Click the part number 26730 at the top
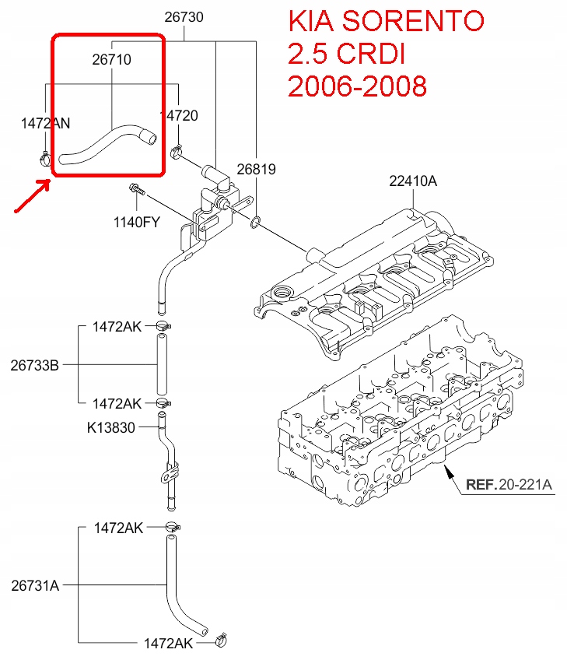pos(184,16)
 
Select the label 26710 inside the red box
pos(111,59)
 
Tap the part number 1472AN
pos(45,122)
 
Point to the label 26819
pos(257,169)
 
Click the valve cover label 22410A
pos(413,181)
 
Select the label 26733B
pos(35,364)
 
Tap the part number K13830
pos(111,427)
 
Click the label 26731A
pos(35,585)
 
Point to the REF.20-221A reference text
pos(509,485)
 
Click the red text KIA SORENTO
pos(386,21)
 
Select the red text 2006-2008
pos(357,86)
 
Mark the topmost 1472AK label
pos(117,326)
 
